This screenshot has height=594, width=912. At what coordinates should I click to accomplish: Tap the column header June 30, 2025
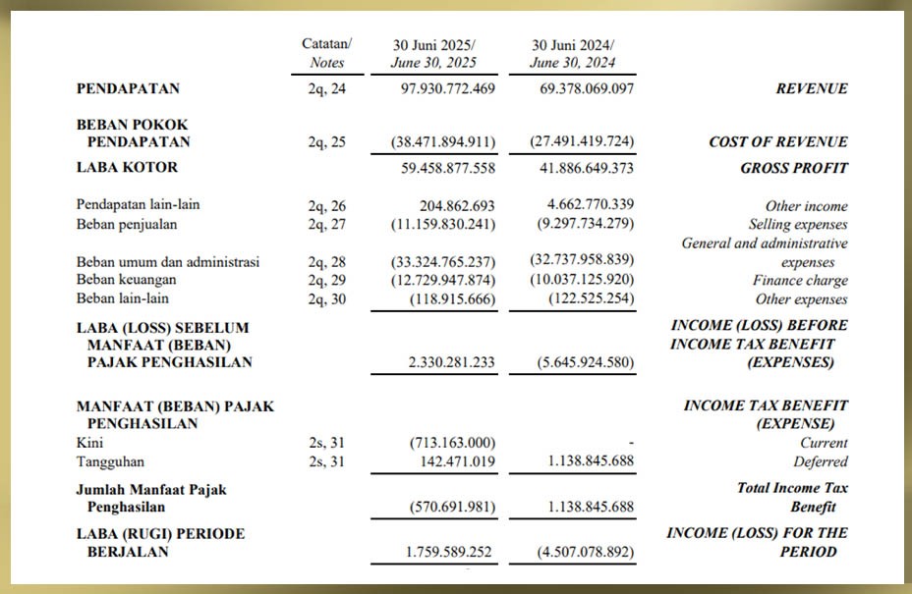coord(433,63)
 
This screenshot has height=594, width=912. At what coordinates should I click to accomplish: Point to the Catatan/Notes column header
coord(326,53)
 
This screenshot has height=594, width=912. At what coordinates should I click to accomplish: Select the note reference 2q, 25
coord(326,141)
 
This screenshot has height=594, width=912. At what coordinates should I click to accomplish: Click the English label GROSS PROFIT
coord(793,168)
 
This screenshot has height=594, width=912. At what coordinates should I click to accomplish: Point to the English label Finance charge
coord(800,281)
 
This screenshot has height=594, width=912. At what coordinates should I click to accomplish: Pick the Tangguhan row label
coord(107,461)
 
